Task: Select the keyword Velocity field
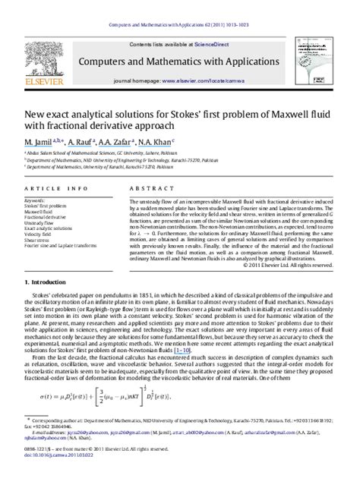tap(39, 234)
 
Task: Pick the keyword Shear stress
tap(38, 241)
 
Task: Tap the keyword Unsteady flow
tap(40, 222)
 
